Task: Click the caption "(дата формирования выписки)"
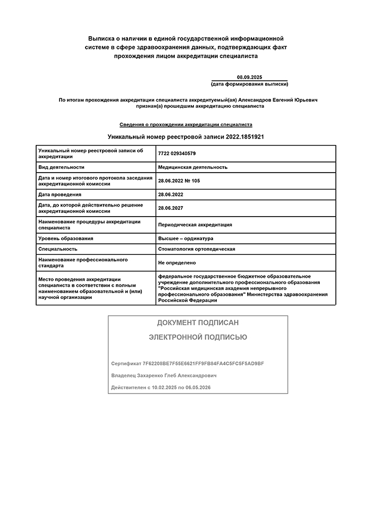click(249, 84)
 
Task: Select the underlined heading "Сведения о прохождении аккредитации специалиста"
click(185, 124)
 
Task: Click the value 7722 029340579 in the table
click(177, 153)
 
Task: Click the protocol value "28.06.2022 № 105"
click(179, 181)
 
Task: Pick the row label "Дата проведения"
click(60, 194)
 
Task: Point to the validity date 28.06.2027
click(170, 208)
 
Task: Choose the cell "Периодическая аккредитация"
click(195, 225)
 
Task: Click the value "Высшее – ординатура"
click(185, 238)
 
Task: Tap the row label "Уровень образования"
click(65, 238)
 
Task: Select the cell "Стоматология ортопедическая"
click(196, 249)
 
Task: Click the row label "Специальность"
click(57, 249)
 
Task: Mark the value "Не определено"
click(176, 262)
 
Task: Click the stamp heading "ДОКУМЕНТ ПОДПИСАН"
click(198, 323)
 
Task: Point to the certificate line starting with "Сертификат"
click(187, 363)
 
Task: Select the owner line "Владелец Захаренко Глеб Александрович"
click(164, 375)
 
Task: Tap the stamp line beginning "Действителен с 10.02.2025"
click(161, 388)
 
